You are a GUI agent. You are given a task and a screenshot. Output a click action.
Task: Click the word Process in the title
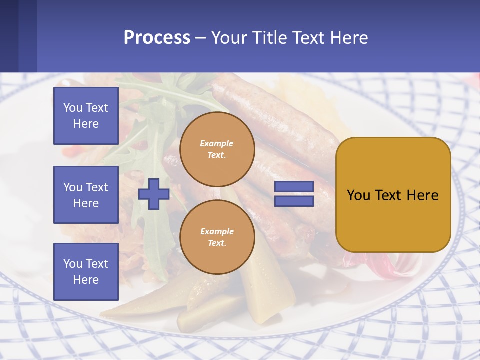(157, 38)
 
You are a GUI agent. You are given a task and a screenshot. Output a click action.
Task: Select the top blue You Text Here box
(86, 116)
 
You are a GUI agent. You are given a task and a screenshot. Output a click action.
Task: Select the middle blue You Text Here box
(86, 195)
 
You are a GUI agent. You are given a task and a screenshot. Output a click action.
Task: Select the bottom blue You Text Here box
(86, 271)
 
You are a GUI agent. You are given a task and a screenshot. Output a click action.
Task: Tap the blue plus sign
(153, 194)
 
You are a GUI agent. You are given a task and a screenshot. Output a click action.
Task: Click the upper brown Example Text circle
(217, 149)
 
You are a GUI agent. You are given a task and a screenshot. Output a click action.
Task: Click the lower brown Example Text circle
(217, 237)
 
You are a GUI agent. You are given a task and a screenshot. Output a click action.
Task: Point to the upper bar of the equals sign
(294, 187)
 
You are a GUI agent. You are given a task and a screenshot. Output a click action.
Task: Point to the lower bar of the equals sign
(294, 201)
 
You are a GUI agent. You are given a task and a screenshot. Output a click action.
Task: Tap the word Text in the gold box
(392, 195)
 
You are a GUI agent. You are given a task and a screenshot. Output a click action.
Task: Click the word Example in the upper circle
(216, 143)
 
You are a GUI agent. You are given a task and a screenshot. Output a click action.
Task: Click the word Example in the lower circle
(216, 231)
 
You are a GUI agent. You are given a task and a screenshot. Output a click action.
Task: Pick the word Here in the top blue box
(86, 124)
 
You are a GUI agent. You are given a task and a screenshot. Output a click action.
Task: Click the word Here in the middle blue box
(86, 203)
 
